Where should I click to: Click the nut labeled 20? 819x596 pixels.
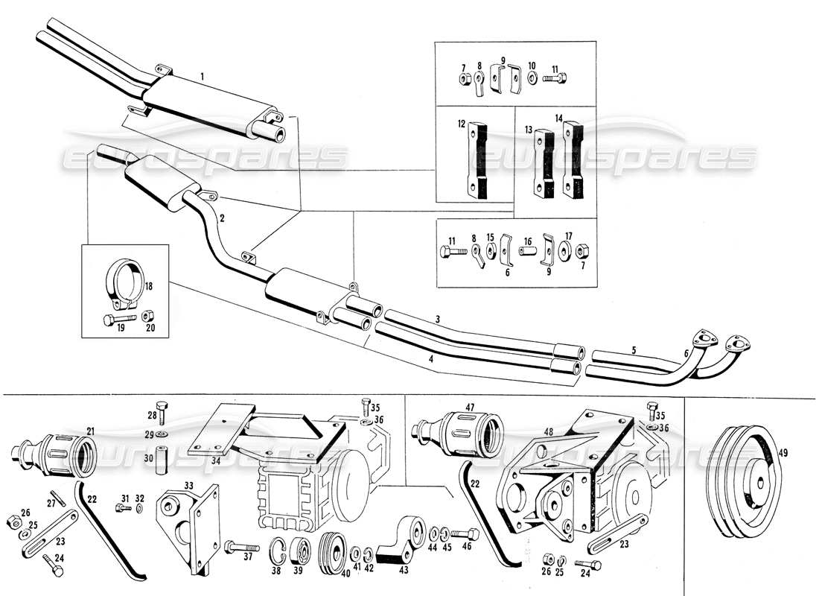click(148, 317)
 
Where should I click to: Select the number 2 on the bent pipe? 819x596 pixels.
click(222, 218)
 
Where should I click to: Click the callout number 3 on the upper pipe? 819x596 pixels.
click(438, 320)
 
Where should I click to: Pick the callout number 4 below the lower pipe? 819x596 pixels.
click(430, 359)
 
